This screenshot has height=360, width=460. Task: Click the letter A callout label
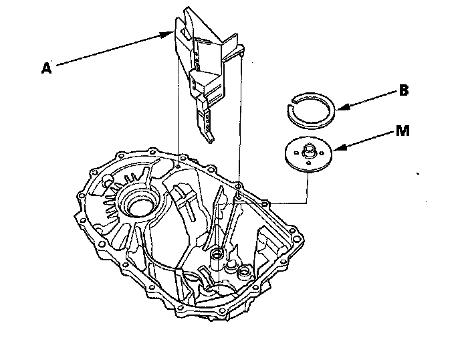click(45, 67)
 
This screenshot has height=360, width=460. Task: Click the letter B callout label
click(404, 90)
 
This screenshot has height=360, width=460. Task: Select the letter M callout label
click(402, 130)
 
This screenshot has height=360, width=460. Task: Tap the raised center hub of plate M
click(310, 149)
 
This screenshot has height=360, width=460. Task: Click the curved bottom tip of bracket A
click(211, 138)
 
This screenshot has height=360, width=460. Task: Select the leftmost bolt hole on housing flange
click(78, 196)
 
